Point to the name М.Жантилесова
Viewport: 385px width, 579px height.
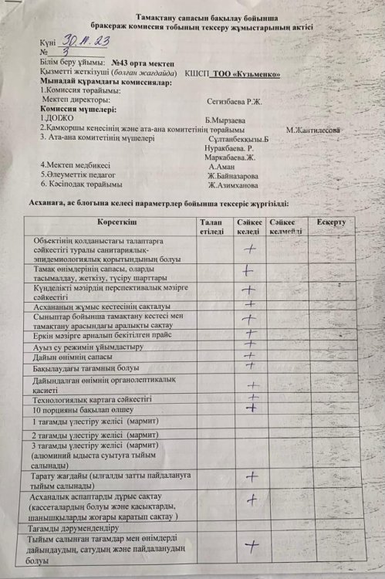313,130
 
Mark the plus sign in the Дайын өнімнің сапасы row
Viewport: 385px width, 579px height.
249,355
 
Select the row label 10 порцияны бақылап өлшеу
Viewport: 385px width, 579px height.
73,411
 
